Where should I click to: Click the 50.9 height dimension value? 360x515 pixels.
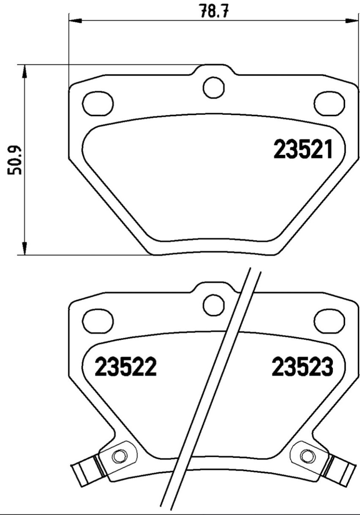(x=14, y=160)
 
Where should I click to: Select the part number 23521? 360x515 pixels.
(x=303, y=149)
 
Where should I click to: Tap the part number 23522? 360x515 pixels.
(x=125, y=366)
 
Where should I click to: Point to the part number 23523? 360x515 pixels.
(x=302, y=366)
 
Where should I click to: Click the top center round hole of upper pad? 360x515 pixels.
(x=214, y=88)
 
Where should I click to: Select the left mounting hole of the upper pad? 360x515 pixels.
(x=98, y=103)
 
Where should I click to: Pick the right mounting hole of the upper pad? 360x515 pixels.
(x=330, y=103)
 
